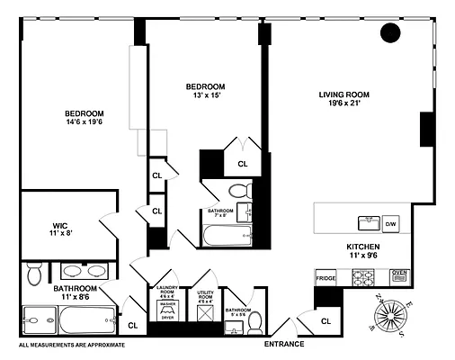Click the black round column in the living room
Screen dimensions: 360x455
391,34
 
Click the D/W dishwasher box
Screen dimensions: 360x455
390,222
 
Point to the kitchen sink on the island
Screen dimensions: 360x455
367,221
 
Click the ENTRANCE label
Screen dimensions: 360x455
283,344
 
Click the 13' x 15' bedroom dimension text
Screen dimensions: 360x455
204,95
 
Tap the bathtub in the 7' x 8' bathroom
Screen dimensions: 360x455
227,238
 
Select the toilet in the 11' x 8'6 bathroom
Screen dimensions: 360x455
33,272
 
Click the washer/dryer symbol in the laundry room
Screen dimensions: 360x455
167,310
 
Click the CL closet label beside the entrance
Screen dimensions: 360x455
326,319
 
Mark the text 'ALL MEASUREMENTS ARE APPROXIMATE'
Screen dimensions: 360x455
71,345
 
